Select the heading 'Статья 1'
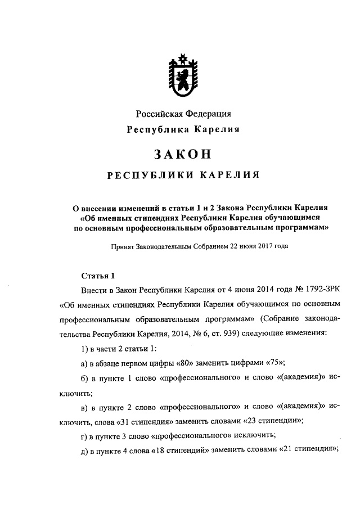[x=98, y=276]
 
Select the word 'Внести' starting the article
[x=94, y=290]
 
